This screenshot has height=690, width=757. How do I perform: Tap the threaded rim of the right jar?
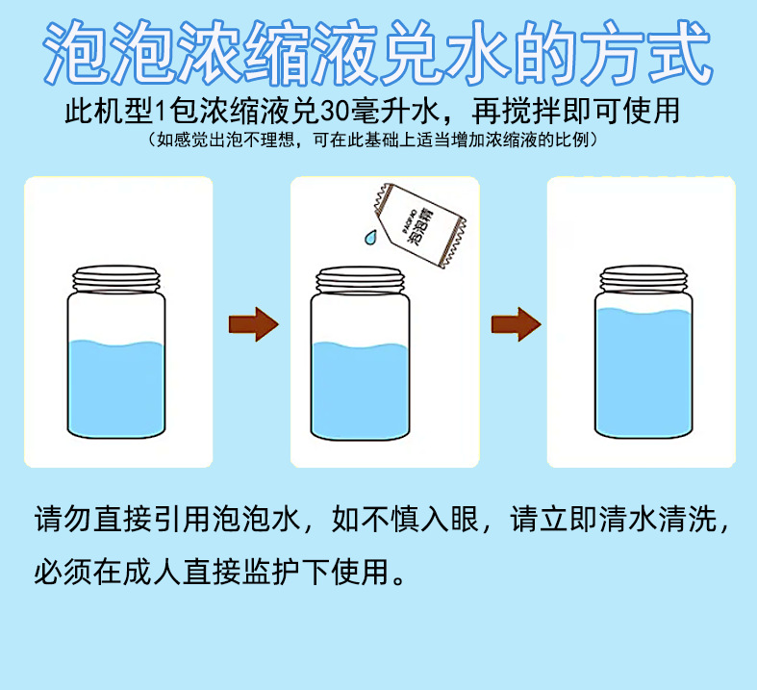(x=643, y=276)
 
